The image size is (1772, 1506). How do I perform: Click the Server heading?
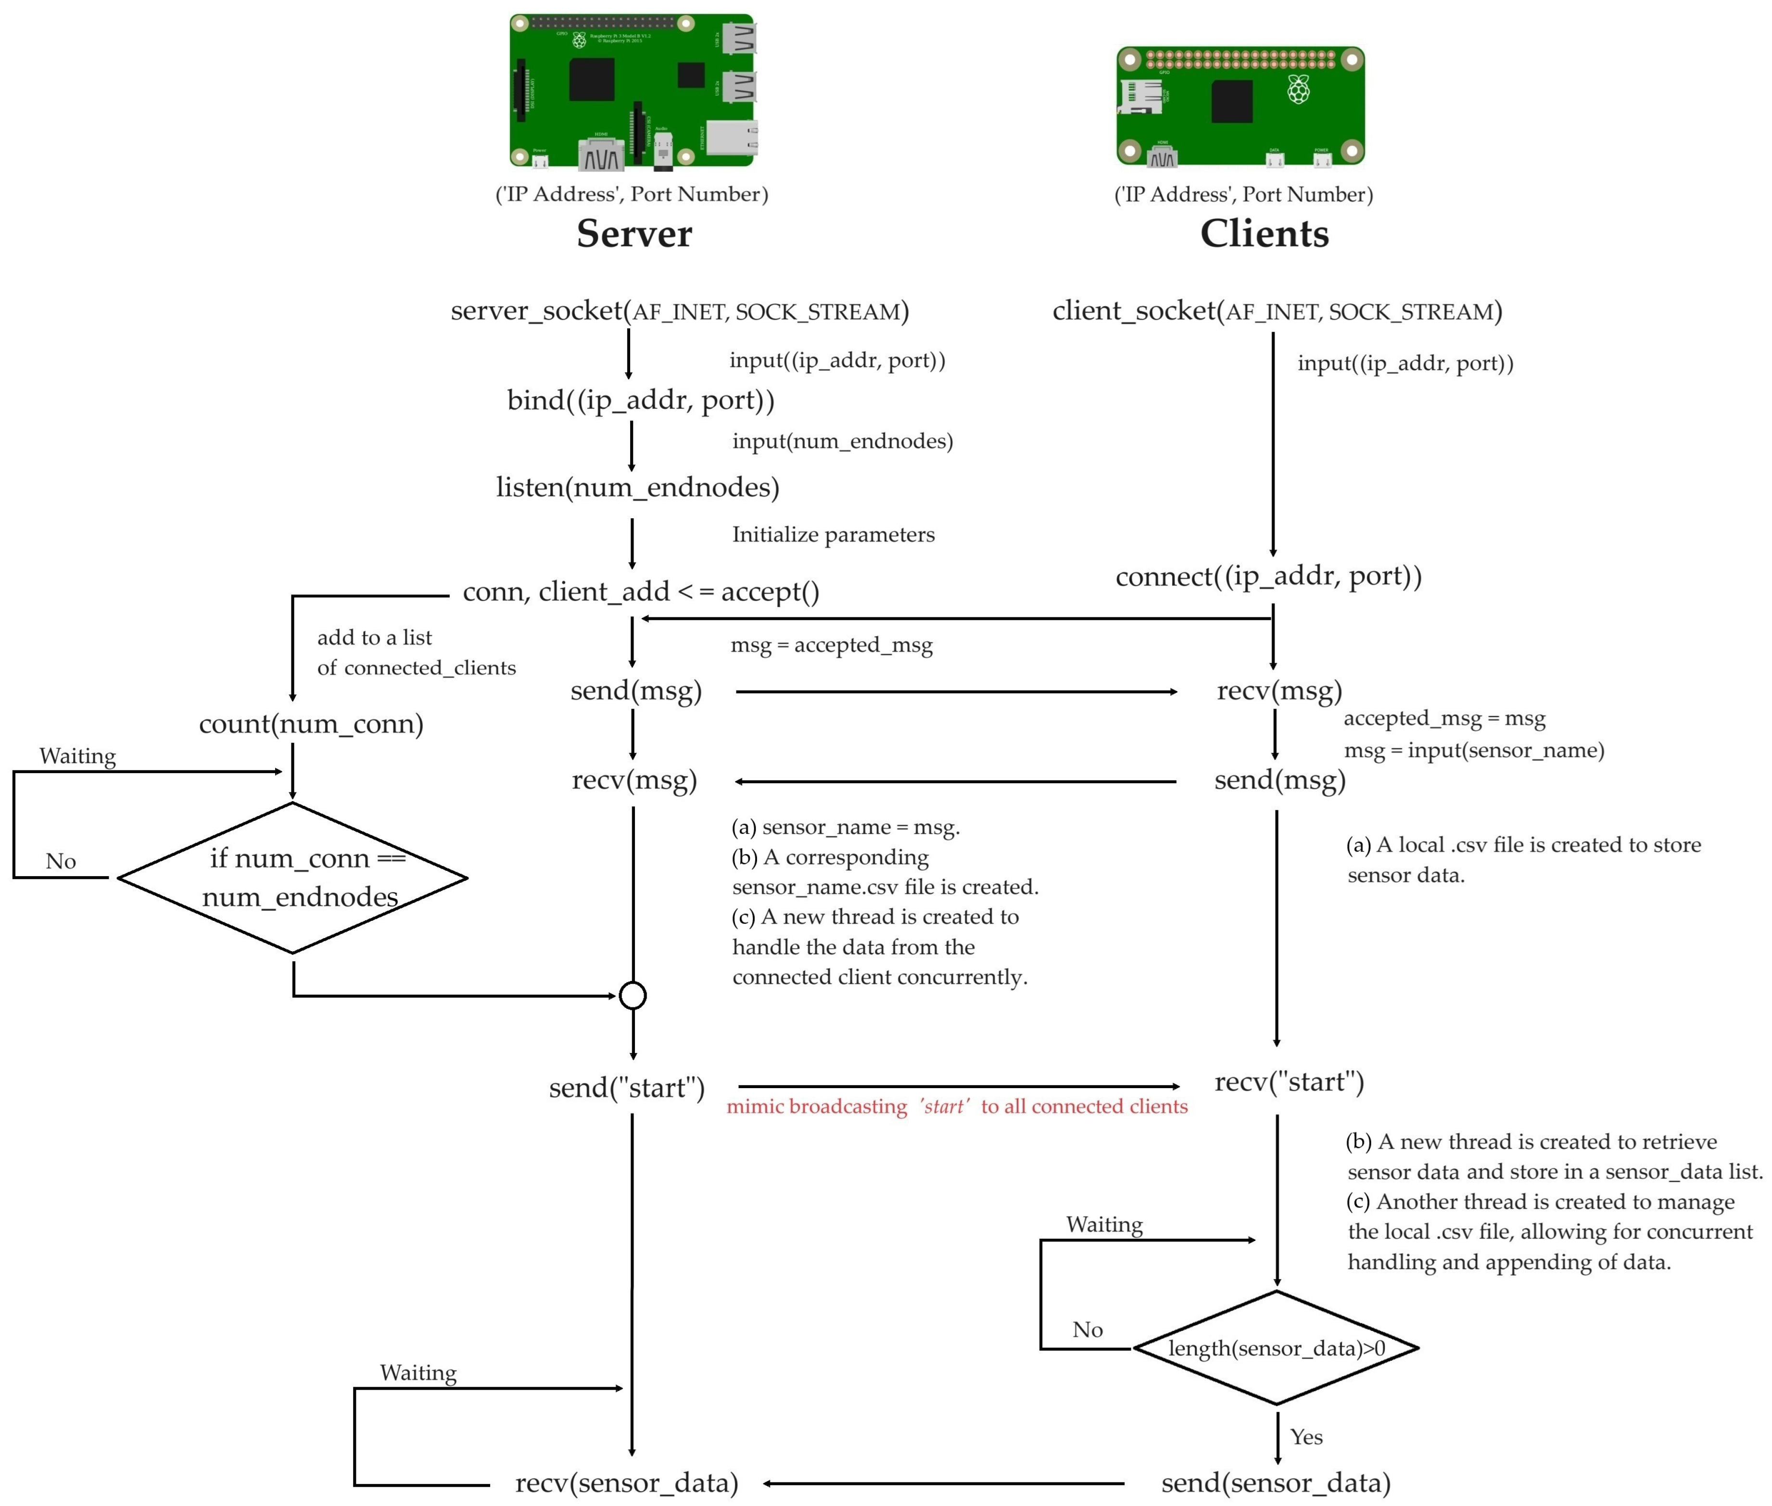click(x=633, y=233)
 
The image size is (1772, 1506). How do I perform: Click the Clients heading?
click(x=1264, y=233)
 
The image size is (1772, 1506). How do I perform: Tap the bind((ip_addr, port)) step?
click(x=641, y=400)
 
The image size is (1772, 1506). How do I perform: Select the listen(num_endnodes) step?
click(x=637, y=487)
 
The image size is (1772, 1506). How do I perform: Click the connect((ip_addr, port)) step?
click(x=1268, y=576)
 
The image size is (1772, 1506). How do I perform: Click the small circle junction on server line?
click(x=633, y=995)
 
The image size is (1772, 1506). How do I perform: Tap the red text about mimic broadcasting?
click(x=956, y=1106)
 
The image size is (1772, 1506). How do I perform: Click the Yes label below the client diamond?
click(x=1306, y=1437)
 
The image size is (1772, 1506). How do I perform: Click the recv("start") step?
click(x=1289, y=1082)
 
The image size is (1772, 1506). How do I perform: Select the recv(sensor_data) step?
click(x=626, y=1483)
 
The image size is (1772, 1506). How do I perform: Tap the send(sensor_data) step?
click(x=1276, y=1483)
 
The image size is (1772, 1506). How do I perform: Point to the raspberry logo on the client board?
click(x=1298, y=89)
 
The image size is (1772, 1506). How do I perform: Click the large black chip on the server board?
click(x=592, y=79)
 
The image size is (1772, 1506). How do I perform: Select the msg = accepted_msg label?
click(x=831, y=645)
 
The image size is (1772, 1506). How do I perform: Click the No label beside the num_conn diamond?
click(x=61, y=861)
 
